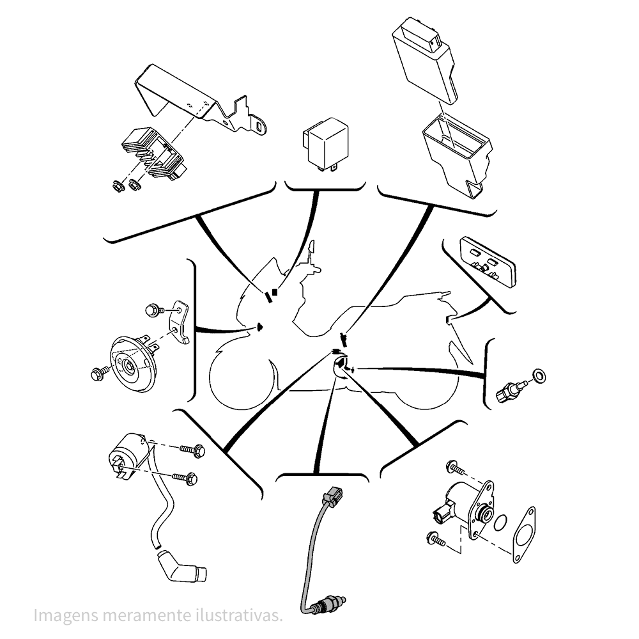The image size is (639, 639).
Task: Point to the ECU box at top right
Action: point(424,58)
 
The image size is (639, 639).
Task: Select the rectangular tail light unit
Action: point(488,262)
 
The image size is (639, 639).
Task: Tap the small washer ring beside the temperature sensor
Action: point(539,376)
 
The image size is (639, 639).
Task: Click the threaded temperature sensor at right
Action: point(511,390)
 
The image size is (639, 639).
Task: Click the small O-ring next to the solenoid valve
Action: point(500,523)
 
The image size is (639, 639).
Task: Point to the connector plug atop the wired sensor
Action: point(332,496)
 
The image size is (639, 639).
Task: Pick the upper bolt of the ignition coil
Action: point(192,450)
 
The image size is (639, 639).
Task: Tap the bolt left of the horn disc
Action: point(100,373)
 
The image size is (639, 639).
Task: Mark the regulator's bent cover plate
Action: point(199,100)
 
